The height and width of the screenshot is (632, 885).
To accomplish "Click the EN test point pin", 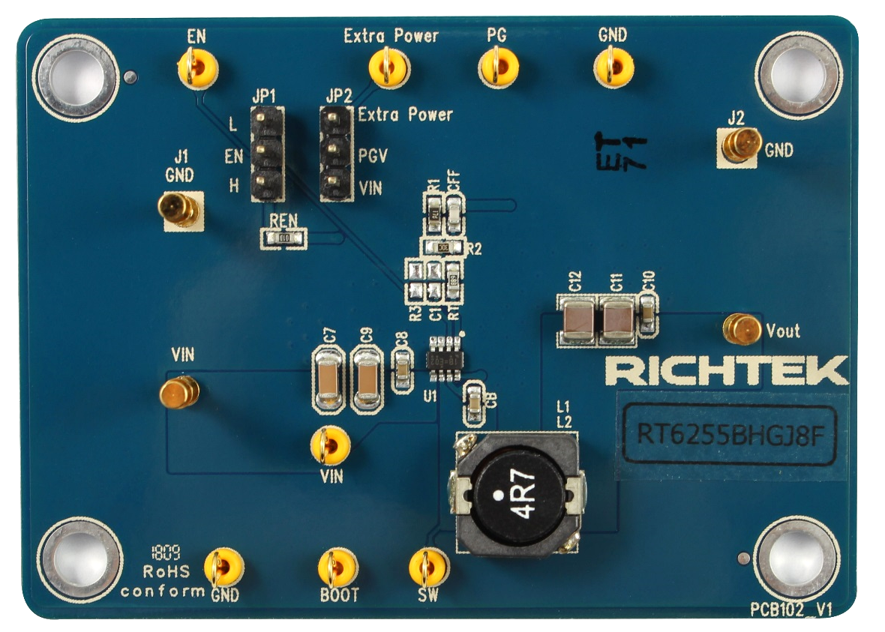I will click(198, 68).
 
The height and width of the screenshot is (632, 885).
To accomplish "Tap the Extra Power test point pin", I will click(388, 69).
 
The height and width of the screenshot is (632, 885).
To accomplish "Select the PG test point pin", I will click(498, 69).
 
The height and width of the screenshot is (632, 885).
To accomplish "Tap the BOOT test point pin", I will click(337, 571).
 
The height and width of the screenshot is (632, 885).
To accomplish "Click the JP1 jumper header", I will click(266, 154).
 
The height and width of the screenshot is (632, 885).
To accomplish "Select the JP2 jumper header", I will click(335, 153).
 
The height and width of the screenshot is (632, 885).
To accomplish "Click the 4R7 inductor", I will click(517, 495).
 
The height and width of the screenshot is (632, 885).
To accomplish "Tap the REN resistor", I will click(283, 238).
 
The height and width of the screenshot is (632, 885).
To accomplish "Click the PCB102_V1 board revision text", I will click(793, 609).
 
